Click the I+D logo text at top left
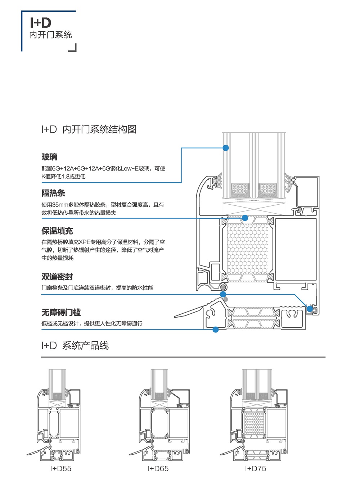(x=41, y=23)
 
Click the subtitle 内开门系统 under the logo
(x=50, y=35)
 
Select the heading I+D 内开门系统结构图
(x=89, y=129)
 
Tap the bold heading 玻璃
(x=49, y=157)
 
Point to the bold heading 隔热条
(x=53, y=193)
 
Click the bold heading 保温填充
(x=57, y=231)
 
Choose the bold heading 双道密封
(x=57, y=277)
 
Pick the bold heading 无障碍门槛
(x=61, y=312)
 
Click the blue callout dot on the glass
(x=226, y=148)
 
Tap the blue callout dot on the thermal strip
(x=245, y=218)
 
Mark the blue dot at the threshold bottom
(x=216, y=329)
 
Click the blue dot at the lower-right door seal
(x=310, y=309)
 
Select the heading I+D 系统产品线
(x=75, y=346)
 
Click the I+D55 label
(x=61, y=469)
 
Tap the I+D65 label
(x=158, y=469)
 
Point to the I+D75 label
(x=256, y=469)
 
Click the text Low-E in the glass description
(x=130, y=169)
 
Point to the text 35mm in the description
(x=60, y=205)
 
